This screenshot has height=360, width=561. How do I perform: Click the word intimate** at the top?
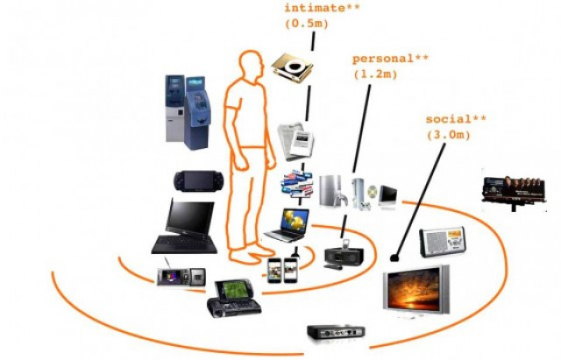tap(317, 9)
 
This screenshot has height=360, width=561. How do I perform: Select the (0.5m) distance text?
tap(305, 25)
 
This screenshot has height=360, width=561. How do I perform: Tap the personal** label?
tap(390, 60)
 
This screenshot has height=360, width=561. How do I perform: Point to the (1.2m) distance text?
tap(378, 75)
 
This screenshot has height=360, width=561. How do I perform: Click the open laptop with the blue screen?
tap(288, 224)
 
